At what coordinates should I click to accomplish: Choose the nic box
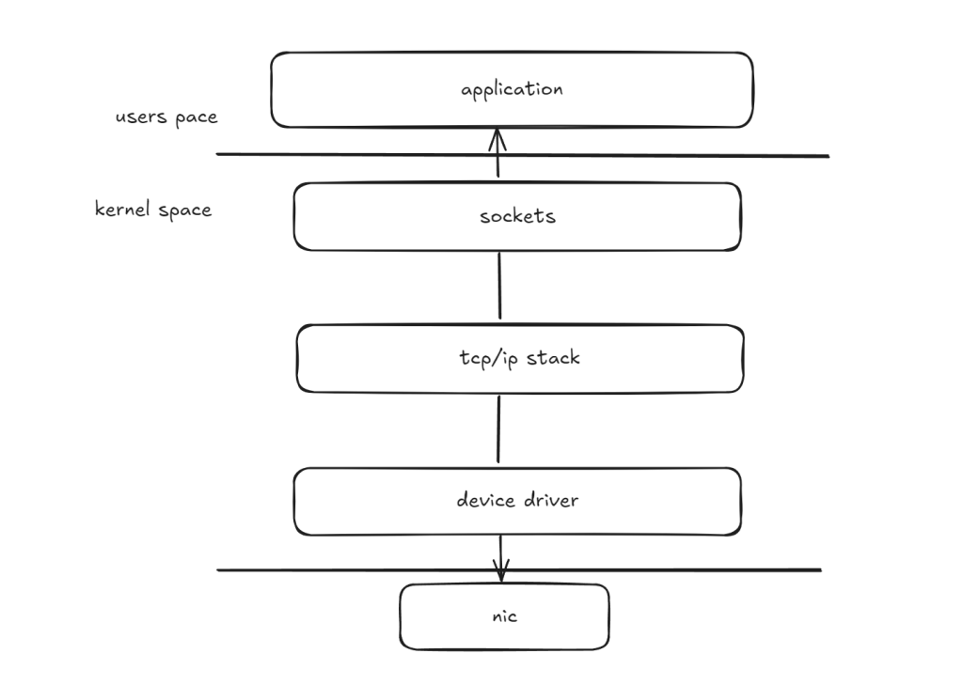click(442, 617)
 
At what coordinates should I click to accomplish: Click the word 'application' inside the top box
click(512, 90)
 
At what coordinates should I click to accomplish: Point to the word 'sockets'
click(517, 217)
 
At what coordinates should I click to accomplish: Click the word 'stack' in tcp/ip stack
click(554, 358)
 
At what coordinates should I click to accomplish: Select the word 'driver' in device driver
click(549, 501)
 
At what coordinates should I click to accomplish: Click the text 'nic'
click(505, 617)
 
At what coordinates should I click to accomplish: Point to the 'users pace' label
click(166, 118)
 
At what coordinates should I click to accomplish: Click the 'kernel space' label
click(153, 210)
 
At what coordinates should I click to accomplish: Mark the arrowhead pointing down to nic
click(501, 571)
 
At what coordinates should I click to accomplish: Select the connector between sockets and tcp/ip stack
click(498, 287)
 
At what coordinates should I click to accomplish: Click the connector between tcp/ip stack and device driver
click(498, 429)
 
